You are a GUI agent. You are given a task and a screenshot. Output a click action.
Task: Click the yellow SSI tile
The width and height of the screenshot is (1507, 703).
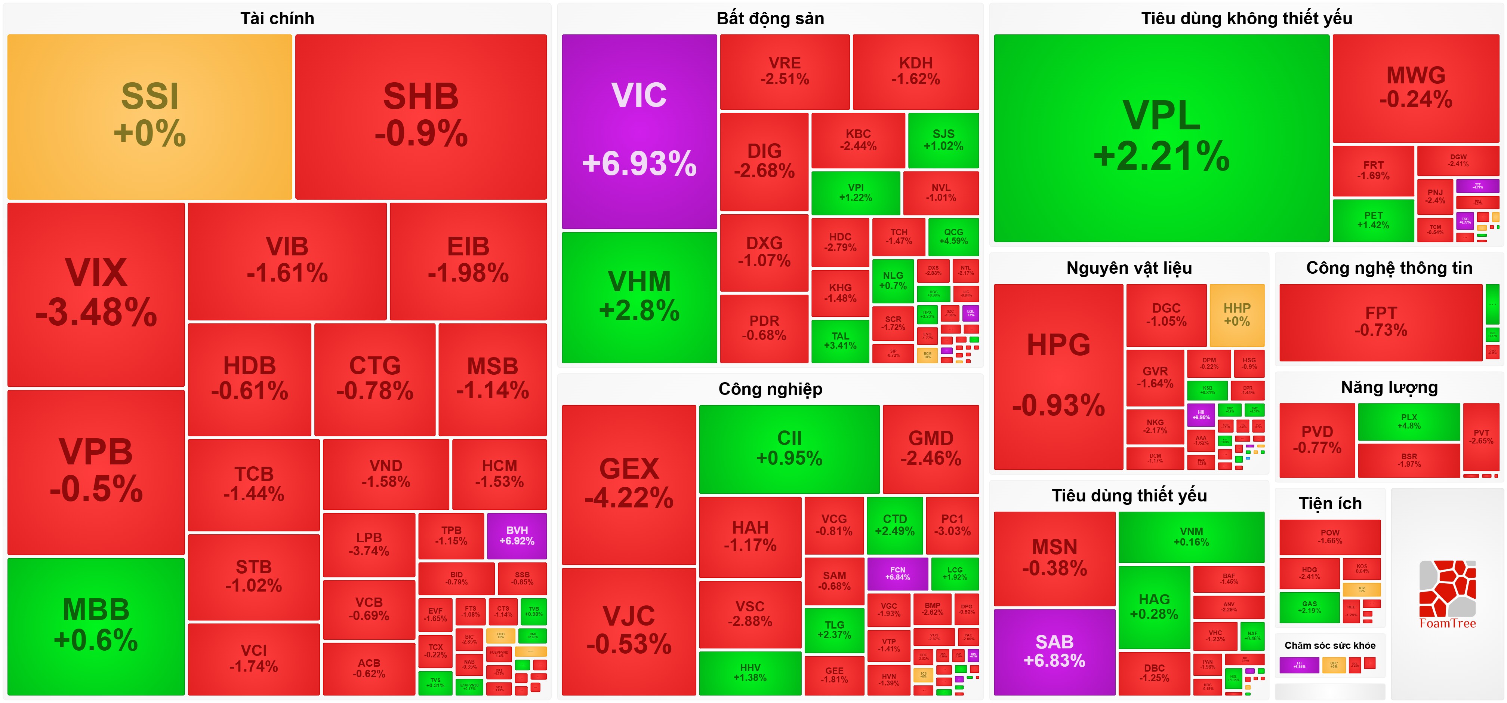pyautogui.click(x=150, y=117)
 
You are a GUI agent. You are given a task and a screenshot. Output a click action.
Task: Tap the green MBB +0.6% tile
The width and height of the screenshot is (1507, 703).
pyautogui.click(x=96, y=626)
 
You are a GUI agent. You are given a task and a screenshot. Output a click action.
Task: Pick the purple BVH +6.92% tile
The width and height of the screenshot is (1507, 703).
pyautogui.click(x=517, y=535)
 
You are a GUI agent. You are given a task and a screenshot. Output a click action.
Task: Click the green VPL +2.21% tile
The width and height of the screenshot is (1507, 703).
pyautogui.click(x=1161, y=138)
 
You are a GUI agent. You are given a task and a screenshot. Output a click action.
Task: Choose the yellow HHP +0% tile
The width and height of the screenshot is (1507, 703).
pyautogui.click(x=1237, y=315)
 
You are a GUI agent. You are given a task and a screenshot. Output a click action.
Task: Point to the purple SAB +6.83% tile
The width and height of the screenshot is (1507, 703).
pyautogui.click(x=1054, y=651)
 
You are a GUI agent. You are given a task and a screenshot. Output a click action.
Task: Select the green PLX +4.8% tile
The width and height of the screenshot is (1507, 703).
pyautogui.click(x=1409, y=421)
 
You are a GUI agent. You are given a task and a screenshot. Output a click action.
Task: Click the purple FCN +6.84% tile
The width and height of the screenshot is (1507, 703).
pyautogui.click(x=897, y=573)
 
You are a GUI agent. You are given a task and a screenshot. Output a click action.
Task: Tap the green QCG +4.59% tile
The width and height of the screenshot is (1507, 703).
pyautogui.click(x=953, y=236)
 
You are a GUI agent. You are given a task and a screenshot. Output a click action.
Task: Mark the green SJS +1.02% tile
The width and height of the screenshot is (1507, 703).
pyautogui.click(x=943, y=140)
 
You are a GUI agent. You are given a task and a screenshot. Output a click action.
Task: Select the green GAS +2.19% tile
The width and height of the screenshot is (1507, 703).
pyautogui.click(x=1309, y=607)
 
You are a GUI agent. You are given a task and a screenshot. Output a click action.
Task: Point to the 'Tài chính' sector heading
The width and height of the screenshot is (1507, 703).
pyautogui.click(x=277, y=19)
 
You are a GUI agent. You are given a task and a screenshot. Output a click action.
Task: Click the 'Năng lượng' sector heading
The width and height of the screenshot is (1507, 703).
pyautogui.click(x=1389, y=387)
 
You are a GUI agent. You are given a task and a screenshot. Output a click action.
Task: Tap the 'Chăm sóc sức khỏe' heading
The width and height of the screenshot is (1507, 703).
pyautogui.click(x=1330, y=645)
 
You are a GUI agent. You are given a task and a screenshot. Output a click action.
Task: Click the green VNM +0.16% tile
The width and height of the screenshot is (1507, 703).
pyautogui.click(x=1191, y=537)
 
